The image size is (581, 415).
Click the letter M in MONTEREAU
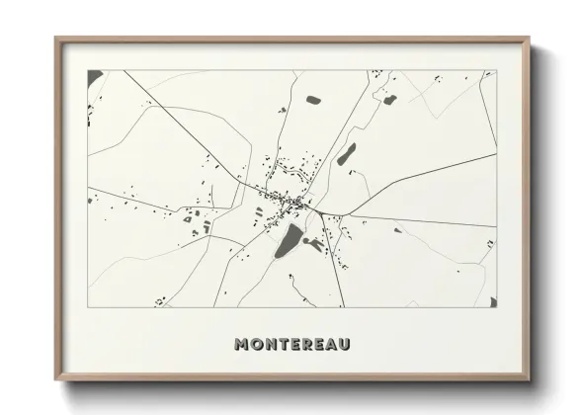[x=243, y=345]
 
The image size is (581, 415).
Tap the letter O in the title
[x=257, y=345]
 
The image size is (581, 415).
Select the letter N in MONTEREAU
[x=271, y=345]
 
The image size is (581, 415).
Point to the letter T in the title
[x=284, y=345]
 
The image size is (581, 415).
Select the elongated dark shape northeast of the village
[x=346, y=154]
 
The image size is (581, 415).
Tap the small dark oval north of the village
[x=313, y=100]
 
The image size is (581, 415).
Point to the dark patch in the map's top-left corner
[x=94, y=76]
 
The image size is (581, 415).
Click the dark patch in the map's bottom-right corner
[x=491, y=300]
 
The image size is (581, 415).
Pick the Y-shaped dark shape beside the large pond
[x=314, y=243]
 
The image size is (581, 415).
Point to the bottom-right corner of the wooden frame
[x=530, y=380]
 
